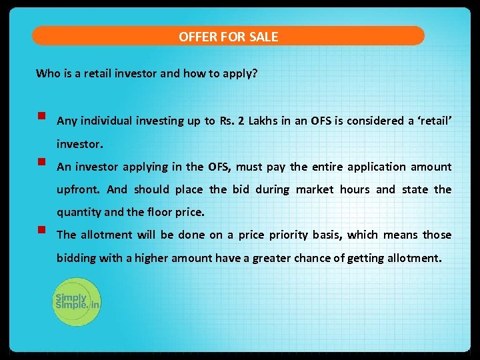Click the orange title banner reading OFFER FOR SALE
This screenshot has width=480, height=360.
pos(228,36)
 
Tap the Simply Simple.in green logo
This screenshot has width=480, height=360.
pos(77,302)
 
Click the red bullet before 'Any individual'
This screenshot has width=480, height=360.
pos(41,115)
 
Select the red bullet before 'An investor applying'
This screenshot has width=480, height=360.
pos(41,161)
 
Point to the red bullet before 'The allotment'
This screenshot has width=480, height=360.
pos(41,230)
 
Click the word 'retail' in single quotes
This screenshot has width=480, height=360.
pos(435,121)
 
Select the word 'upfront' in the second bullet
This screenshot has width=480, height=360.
pos(79,190)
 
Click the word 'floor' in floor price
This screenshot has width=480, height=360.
pos(158,213)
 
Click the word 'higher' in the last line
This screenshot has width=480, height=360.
pos(152,258)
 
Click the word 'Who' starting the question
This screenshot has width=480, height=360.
pos(47,73)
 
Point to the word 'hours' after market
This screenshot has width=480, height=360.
pos(354,189)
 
